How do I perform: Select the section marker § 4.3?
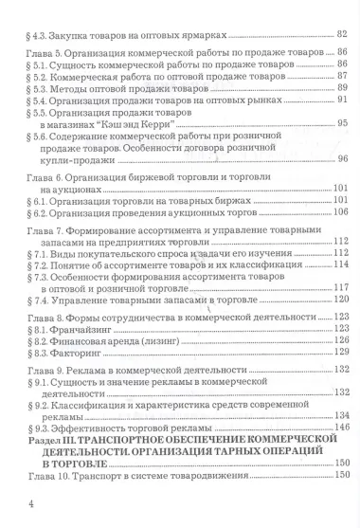click(44, 34)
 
